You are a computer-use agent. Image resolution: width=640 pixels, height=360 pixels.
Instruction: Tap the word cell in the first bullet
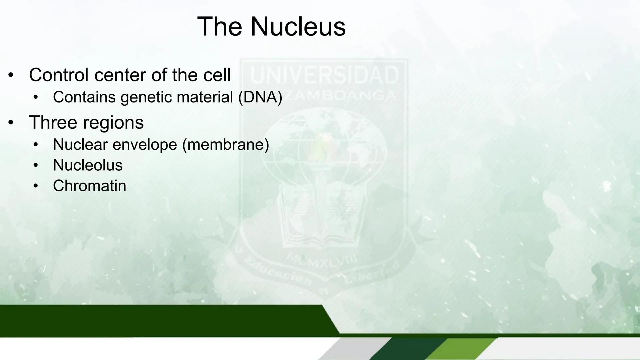(x=217, y=75)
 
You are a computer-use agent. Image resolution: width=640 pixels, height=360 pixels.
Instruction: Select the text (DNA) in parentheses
(x=260, y=97)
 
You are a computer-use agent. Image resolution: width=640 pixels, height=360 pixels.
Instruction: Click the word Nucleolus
(x=88, y=165)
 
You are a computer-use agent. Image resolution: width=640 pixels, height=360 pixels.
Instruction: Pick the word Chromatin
(x=89, y=186)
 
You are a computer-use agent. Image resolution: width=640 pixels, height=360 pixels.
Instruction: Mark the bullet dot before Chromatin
(x=36, y=186)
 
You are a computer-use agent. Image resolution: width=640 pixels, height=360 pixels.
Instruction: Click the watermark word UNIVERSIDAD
(x=324, y=75)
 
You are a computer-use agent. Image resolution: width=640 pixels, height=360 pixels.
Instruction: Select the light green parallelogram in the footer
(x=462, y=349)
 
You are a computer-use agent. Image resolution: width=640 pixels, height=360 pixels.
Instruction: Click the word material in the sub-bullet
(x=205, y=97)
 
